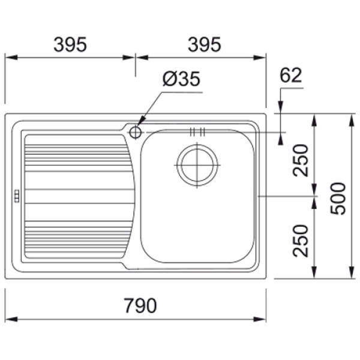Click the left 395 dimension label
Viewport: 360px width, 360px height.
pyautogui.click(x=70, y=44)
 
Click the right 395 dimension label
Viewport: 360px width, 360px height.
pyautogui.click(x=205, y=44)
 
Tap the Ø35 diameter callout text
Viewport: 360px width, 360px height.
pyautogui.click(x=181, y=79)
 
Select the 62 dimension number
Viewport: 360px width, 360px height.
pyautogui.click(x=290, y=75)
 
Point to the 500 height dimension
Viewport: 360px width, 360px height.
pyautogui.click(x=338, y=199)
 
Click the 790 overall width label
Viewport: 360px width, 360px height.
pyautogui.click(x=140, y=305)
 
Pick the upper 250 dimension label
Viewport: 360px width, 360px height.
pyautogui.click(x=301, y=160)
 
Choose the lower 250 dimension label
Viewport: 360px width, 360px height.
pyautogui.click(x=301, y=241)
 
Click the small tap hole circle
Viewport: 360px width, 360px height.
pyautogui.click(x=135, y=132)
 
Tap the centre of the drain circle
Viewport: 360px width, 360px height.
pyautogui.click(x=197, y=165)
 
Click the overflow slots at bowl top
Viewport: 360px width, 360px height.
pyautogui.click(x=197, y=132)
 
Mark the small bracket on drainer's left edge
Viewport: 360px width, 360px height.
pyautogui.click(x=17, y=196)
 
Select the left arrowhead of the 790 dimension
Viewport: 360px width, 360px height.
pyautogui.click(x=11, y=319)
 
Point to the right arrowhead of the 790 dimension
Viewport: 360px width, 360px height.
pyautogui.click(x=259, y=319)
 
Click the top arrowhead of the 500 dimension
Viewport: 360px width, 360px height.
pyautogui.click(x=351, y=120)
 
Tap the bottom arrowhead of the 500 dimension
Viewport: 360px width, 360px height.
pyautogui.click(x=351, y=272)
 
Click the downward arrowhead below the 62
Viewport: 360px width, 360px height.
pyautogui.click(x=280, y=107)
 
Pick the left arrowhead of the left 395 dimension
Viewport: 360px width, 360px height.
pyautogui.click(x=11, y=57)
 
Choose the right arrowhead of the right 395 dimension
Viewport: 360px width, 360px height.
pyautogui.click(x=259, y=57)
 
